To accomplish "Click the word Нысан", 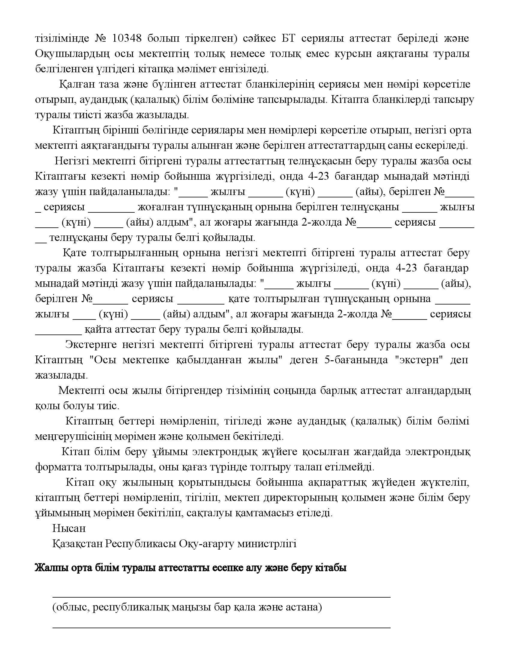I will (x=69, y=528).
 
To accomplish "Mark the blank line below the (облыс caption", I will (x=221, y=628).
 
